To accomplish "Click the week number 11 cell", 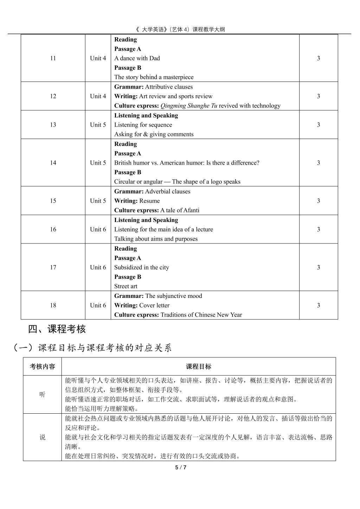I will [x=53, y=58].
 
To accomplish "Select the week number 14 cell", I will [x=53, y=163].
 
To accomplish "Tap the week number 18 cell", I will [x=53, y=305].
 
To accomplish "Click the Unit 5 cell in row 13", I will [x=98, y=125].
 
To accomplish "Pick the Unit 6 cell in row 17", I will [x=98, y=267].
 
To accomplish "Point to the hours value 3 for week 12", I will [x=318, y=96].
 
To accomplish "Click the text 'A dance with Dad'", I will [x=137, y=58].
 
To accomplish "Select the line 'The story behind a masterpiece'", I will [x=154, y=77].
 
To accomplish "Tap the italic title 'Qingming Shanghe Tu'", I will [x=188, y=106].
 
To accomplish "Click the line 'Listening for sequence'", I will [x=143, y=125].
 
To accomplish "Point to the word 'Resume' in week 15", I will [x=149, y=201].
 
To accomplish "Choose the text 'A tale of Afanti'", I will [x=180, y=210].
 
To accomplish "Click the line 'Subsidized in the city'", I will [x=141, y=267].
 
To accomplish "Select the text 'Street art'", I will [x=126, y=286].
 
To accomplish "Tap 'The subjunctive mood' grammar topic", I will [x=173, y=296].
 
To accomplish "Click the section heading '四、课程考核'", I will [x=57, y=329].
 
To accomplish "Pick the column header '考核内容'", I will [x=42, y=367].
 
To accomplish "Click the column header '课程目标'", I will [x=198, y=367].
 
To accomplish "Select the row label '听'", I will [x=42, y=395].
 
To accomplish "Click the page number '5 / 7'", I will [x=180, y=467].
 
